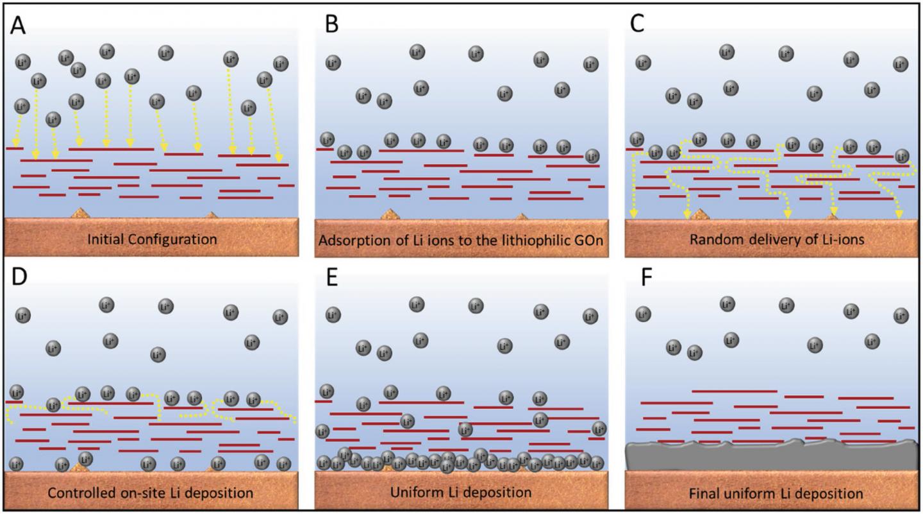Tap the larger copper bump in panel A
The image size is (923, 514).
click(x=80, y=212)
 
